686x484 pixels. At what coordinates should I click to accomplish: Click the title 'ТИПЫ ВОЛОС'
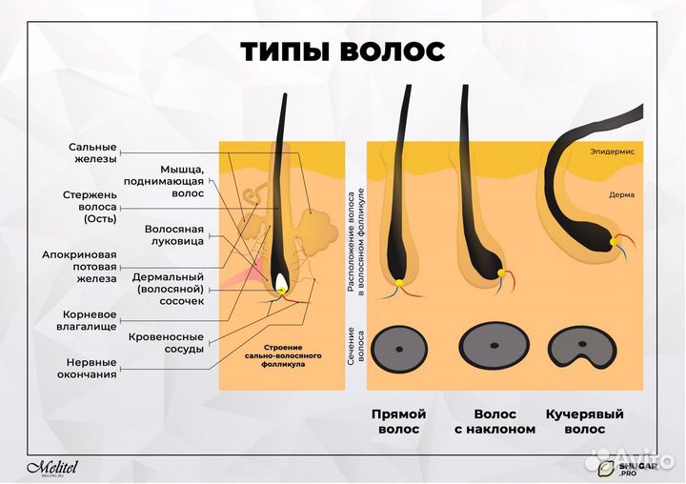click(x=342, y=50)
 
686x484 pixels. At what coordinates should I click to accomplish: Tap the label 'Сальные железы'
click(x=92, y=153)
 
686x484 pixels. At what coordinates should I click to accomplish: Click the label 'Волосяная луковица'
click(x=174, y=236)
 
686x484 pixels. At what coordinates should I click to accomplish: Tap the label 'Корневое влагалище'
click(x=90, y=319)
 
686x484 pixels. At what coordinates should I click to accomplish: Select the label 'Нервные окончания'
click(x=91, y=369)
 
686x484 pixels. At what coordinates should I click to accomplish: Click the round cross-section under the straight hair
click(x=399, y=350)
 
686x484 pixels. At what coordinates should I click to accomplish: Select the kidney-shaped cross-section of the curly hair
click(x=583, y=349)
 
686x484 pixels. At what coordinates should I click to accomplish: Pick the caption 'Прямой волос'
click(x=399, y=422)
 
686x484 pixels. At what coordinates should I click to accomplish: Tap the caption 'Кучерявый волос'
click(x=584, y=422)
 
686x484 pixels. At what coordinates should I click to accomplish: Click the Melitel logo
click(x=58, y=467)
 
